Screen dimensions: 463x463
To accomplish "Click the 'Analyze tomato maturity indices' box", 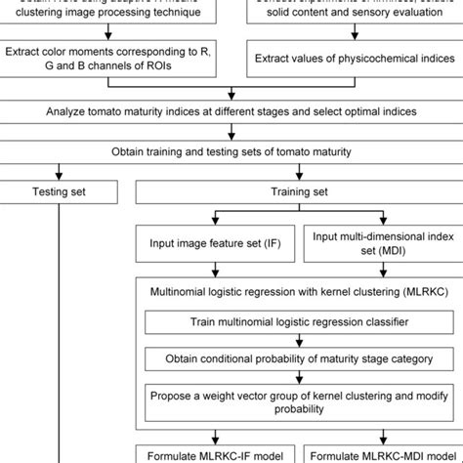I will pyautogui.click(x=231, y=112).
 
